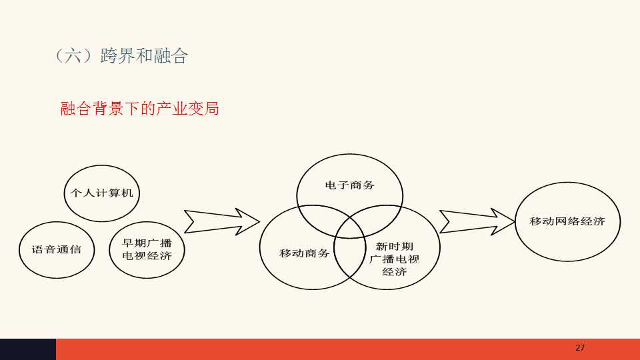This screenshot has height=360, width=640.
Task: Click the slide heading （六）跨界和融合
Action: click(121, 55)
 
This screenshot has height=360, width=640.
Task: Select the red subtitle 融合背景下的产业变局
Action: click(139, 109)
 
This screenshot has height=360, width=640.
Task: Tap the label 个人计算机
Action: click(101, 193)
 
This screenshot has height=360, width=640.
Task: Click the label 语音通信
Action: click(56, 249)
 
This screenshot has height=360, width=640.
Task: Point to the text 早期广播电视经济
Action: click(147, 249)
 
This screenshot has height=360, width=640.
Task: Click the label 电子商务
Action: click(349, 185)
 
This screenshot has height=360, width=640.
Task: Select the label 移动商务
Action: click(305, 253)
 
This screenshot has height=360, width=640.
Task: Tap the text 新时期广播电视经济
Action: click(394, 259)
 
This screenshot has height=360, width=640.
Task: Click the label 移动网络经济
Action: click(567, 221)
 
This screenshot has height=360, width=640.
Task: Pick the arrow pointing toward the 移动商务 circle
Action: click(221, 221)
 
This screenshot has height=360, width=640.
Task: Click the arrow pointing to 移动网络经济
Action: click(477, 221)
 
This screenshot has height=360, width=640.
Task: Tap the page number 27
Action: click(580, 348)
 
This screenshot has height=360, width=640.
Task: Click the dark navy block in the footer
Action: click(28, 349)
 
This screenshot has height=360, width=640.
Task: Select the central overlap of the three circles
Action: click(350, 229)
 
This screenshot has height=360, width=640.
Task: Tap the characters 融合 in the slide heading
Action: click(171, 55)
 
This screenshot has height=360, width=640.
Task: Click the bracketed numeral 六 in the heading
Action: click(73, 55)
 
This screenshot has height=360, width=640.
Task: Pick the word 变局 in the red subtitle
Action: click(203, 109)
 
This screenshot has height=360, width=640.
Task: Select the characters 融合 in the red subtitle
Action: click(76, 109)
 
